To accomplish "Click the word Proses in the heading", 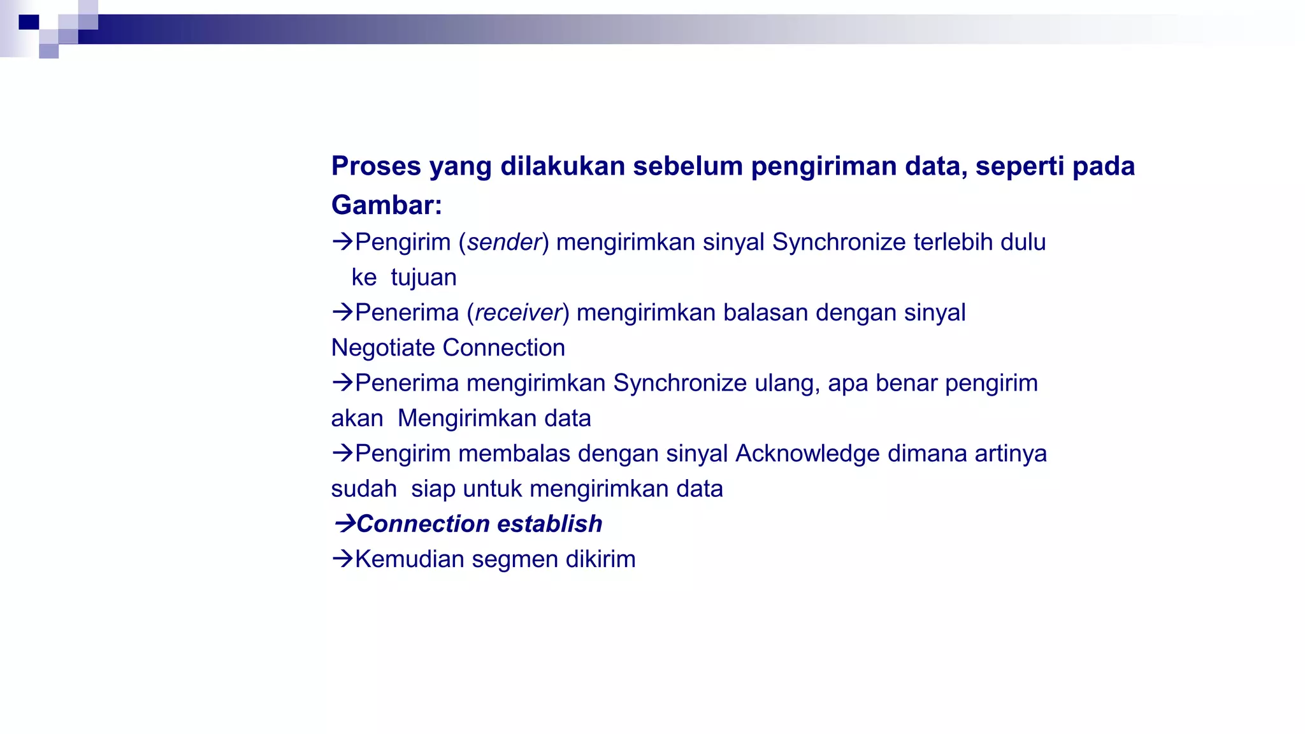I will [376, 166].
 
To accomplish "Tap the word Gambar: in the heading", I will [386, 205].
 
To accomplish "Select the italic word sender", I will [504, 243].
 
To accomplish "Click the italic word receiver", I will [519, 313].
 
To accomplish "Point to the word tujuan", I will [423, 278].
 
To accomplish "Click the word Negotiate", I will [383, 348].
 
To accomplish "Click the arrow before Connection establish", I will [344, 524].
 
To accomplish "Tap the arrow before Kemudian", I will [342, 559].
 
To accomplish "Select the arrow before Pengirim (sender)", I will [342, 242].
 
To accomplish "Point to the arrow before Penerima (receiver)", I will [342, 312].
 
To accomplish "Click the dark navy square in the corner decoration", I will [29, 22].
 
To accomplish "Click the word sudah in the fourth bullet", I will [363, 489].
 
